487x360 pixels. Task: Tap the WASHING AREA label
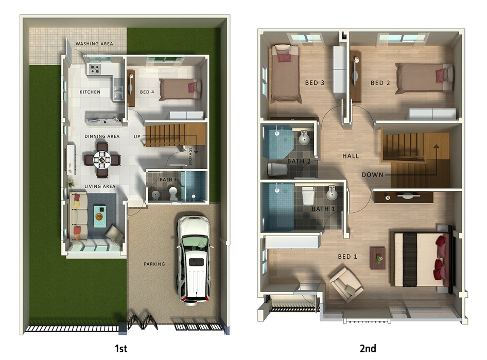point(94,44)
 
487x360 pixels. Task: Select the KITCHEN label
point(90,92)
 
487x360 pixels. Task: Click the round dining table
point(101,160)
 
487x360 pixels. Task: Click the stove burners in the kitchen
point(95,69)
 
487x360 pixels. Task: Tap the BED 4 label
point(147,92)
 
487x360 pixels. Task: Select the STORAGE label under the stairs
point(190,156)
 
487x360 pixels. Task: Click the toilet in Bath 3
point(173,193)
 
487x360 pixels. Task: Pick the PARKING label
point(154,264)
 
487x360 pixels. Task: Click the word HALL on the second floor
point(351,156)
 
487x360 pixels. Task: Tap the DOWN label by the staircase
point(372,175)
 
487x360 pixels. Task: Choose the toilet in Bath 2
point(277,169)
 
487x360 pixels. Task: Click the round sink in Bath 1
point(332,194)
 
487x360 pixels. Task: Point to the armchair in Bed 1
point(345,283)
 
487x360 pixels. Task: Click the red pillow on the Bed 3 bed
point(284,57)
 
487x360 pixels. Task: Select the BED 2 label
point(380,83)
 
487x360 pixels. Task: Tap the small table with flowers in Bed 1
point(377,258)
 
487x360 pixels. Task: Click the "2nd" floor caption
point(368,349)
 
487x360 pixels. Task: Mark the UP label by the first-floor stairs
point(137,136)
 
